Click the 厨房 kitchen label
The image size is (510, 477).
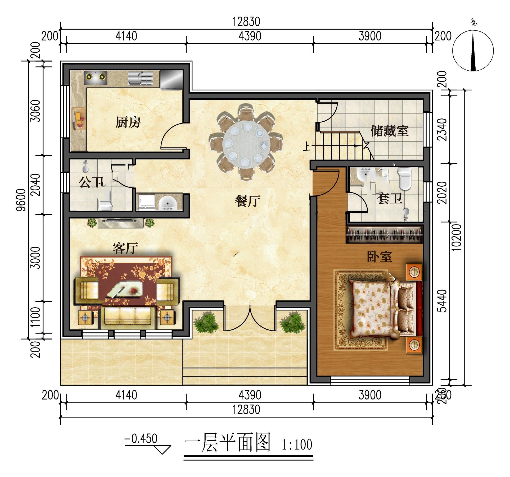point(128,122)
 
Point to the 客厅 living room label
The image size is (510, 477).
point(125,248)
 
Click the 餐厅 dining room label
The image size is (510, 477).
point(247,201)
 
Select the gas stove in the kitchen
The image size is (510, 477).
point(96,77)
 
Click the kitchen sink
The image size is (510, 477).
point(141,79)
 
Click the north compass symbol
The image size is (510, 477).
point(473,50)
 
